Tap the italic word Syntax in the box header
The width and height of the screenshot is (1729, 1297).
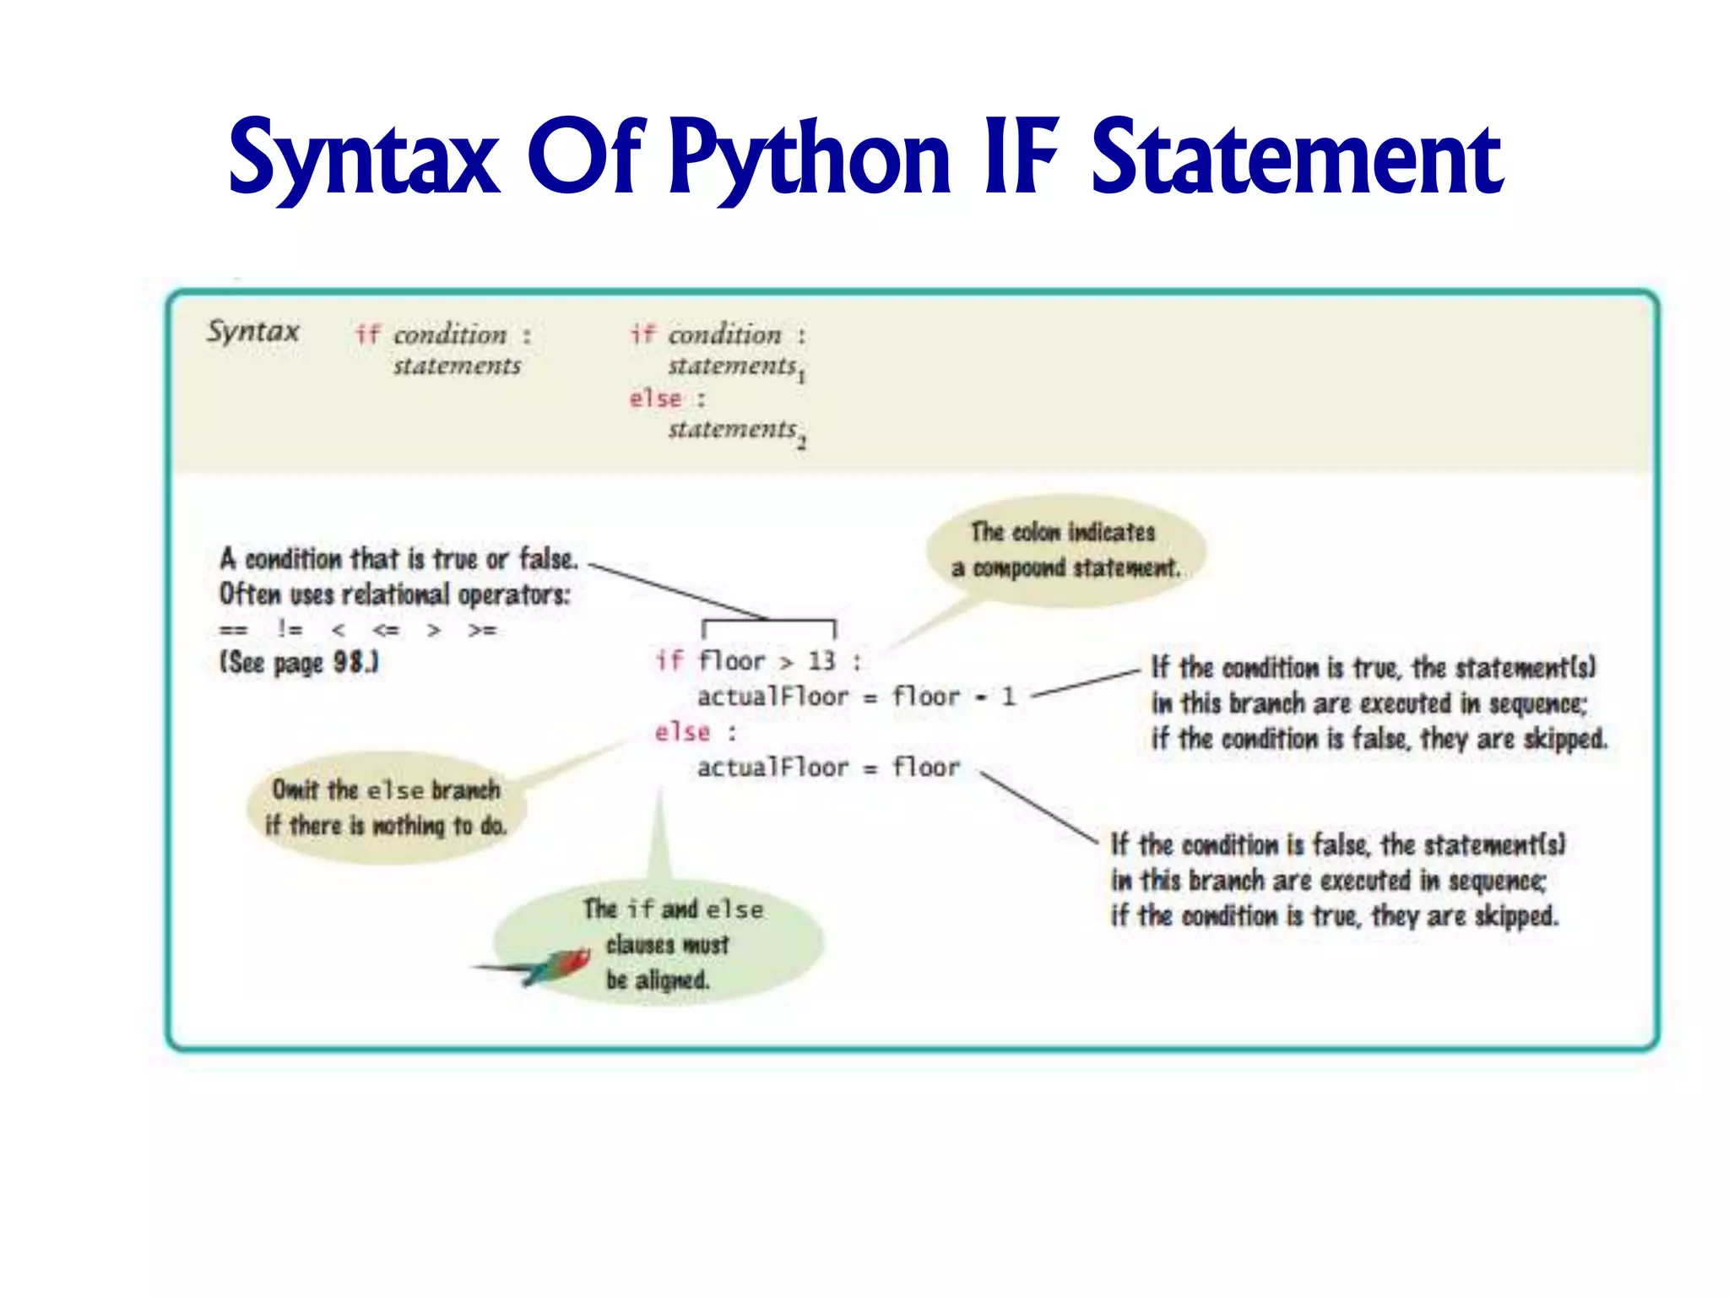[253, 331]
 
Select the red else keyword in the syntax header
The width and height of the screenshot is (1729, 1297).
[655, 399]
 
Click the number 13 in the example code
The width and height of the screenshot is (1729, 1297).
[821, 660]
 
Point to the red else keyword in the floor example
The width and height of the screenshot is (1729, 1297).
[682, 732]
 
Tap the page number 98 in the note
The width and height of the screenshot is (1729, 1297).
[349, 662]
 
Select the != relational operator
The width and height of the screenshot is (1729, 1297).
[290, 630]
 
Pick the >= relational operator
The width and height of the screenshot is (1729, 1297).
[482, 630]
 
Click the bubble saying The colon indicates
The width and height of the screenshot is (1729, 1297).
[1065, 550]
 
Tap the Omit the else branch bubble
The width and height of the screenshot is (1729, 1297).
[386, 807]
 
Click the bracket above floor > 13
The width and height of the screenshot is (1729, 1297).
[768, 623]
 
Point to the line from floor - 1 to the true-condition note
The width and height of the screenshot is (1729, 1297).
[1085, 684]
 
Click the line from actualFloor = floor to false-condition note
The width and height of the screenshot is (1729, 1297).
[1038, 806]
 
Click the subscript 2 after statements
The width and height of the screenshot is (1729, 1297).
[802, 442]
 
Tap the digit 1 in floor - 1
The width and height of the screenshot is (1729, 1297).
[1008, 697]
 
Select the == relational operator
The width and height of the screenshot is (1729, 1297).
[233, 630]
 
